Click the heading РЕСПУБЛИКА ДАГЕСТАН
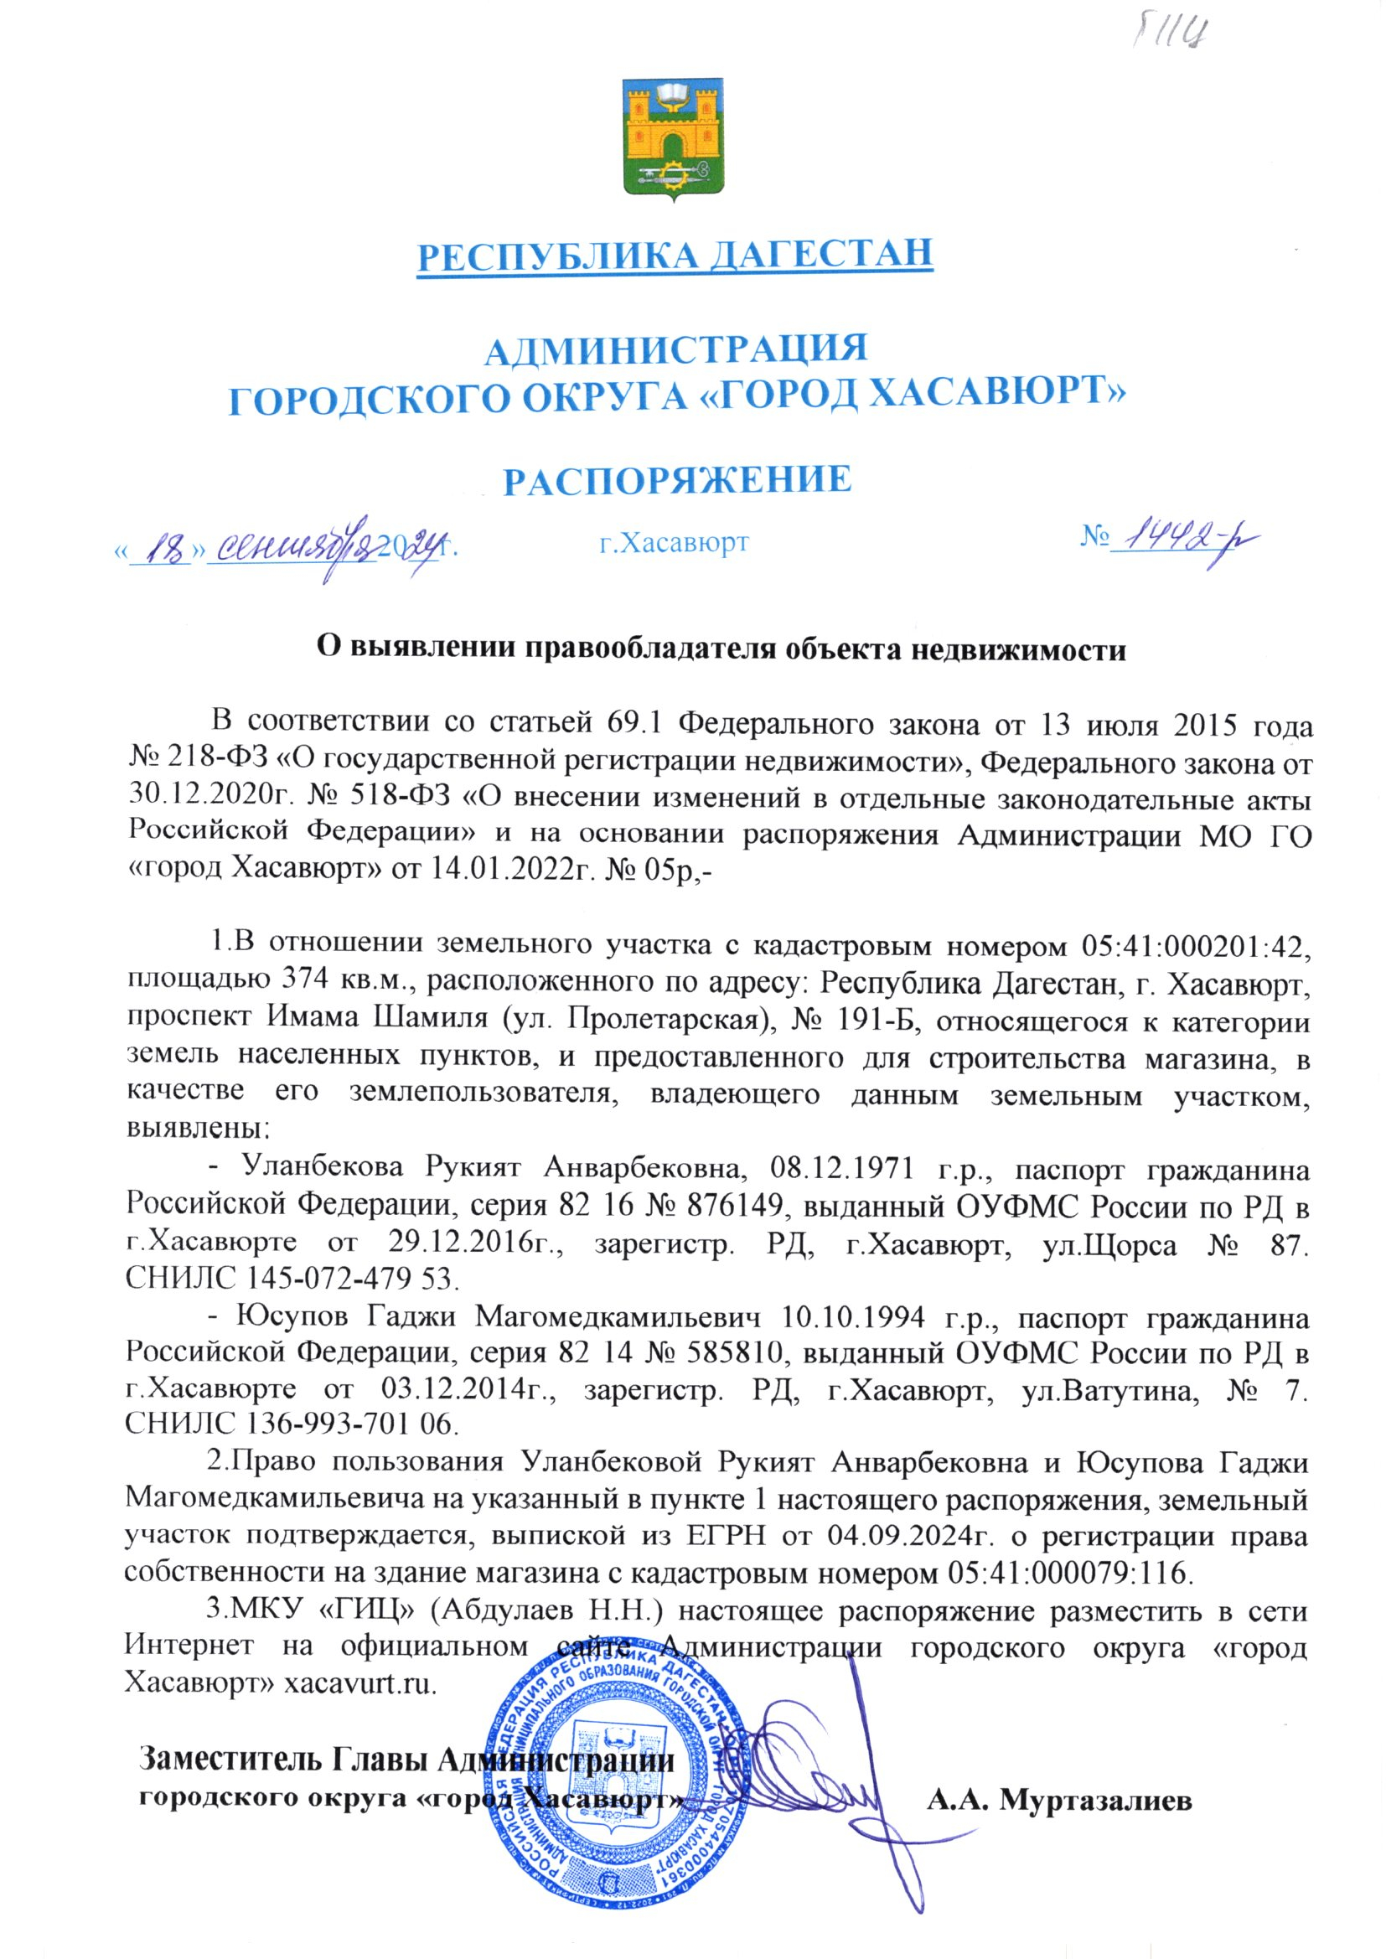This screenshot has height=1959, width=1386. (675, 254)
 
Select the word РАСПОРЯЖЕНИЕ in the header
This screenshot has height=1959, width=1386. (677, 479)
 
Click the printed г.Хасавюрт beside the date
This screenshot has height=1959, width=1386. (674, 543)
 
